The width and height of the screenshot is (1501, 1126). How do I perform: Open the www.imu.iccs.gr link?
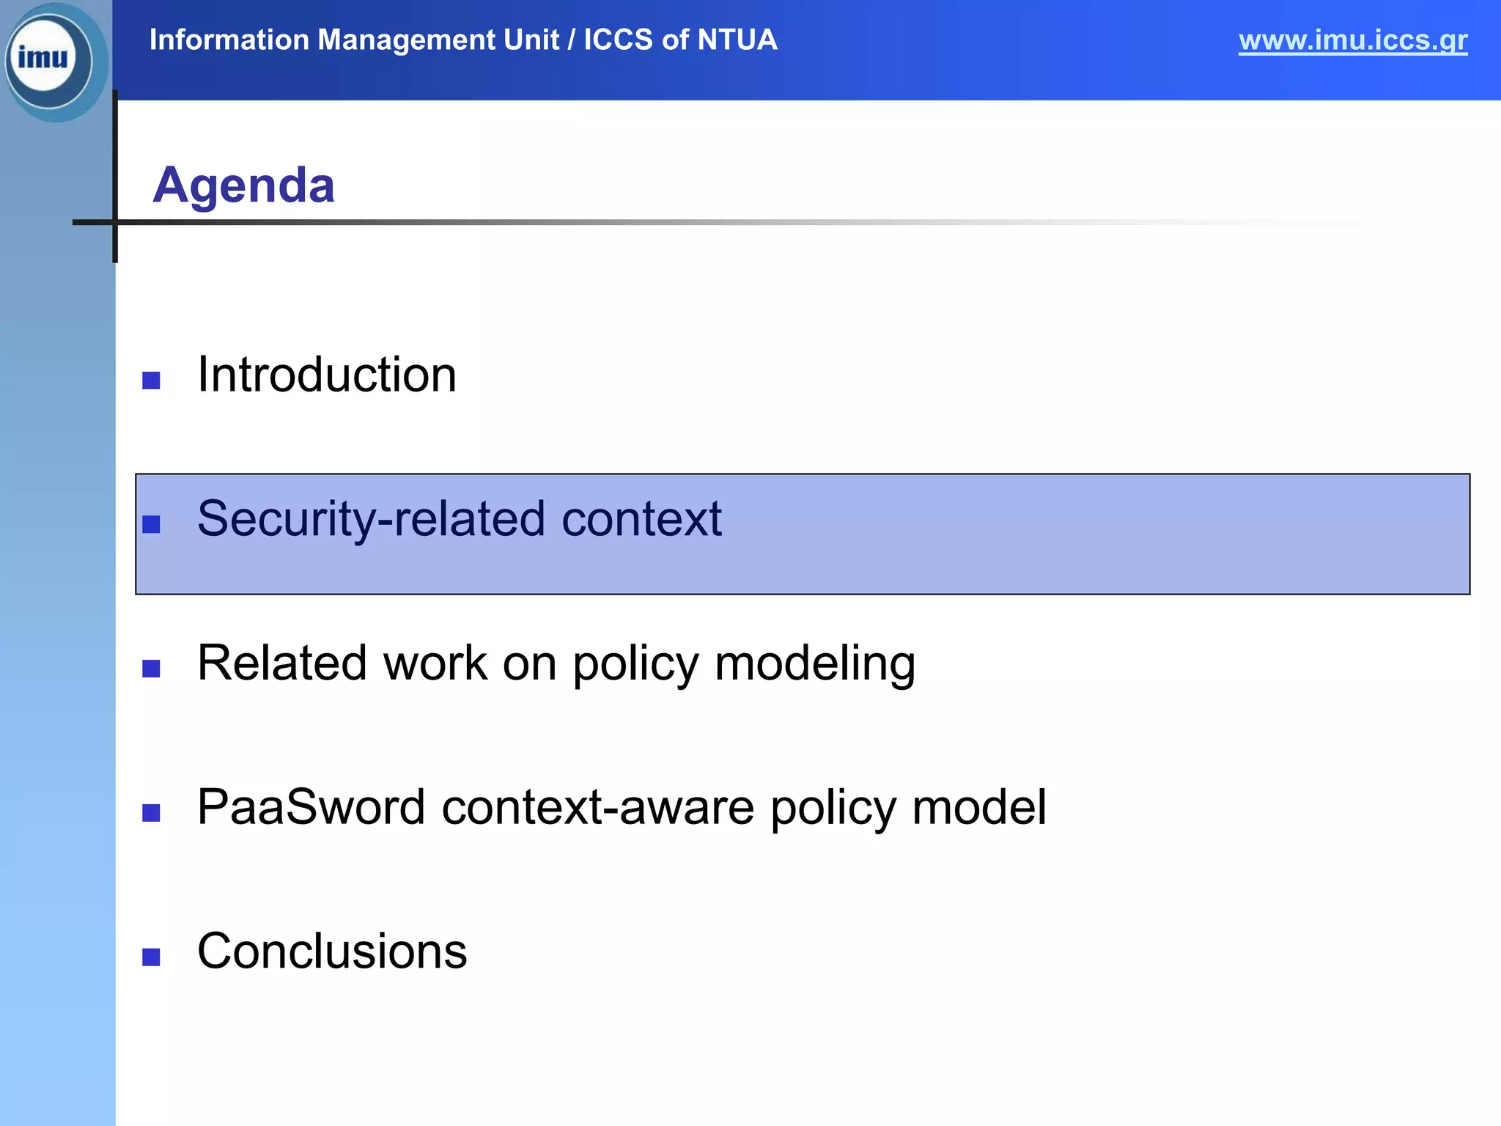pyautogui.click(x=1352, y=40)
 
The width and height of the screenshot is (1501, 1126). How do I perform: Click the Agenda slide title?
pyautogui.click(x=243, y=185)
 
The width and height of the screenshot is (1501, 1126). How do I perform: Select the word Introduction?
pyautogui.click(x=327, y=375)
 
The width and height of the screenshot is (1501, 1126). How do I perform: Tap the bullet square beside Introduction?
pyautogui.click(x=151, y=380)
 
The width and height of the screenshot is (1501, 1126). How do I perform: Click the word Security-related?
pyautogui.click(x=371, y=519)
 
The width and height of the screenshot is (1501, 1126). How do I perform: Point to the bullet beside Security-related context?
pyautogui.click(x=151, y=524)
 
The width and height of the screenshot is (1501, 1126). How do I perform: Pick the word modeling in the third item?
pyautogui.click(x=814, y=664)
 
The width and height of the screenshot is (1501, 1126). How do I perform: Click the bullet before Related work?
pyautogui.click(x=151, y=669)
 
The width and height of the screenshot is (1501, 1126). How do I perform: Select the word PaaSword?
pyautogui.click(x=311, y=807)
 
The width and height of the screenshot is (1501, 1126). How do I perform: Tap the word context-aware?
pyautogui.click(x=597, y=807)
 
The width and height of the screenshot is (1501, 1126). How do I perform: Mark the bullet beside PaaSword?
pyautogui.click(x=151, y=813)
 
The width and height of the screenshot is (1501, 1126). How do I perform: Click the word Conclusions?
pyautogui.click(x=332, y=952)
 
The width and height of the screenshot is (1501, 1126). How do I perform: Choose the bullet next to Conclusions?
pyautogui.click(x=151, y=957)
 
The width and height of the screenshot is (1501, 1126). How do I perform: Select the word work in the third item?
pyautogui.click(x=435, y=664)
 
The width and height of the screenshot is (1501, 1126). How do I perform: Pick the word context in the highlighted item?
pyautogui.click(x=641, y=519)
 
